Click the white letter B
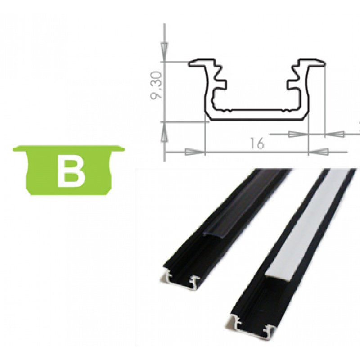tap(72, 171)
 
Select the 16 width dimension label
tap(256, 144)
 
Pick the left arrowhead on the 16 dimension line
tap(193, 152)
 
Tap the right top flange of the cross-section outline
tap(312, 63)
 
